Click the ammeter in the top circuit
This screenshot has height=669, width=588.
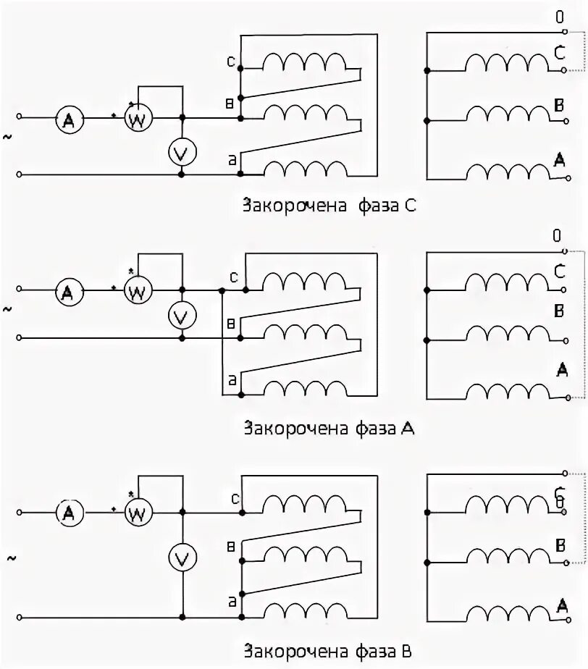pos(69,121)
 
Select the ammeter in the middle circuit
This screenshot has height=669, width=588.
pos(68,293)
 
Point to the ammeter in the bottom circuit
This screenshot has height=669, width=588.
pos(69,513)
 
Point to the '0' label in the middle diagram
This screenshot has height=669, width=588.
pos(557,235)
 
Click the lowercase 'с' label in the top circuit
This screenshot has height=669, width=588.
pos(230,62)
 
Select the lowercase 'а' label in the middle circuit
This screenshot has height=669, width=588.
pos(232,378)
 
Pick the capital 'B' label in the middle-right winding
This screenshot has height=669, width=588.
pos(559,311)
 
